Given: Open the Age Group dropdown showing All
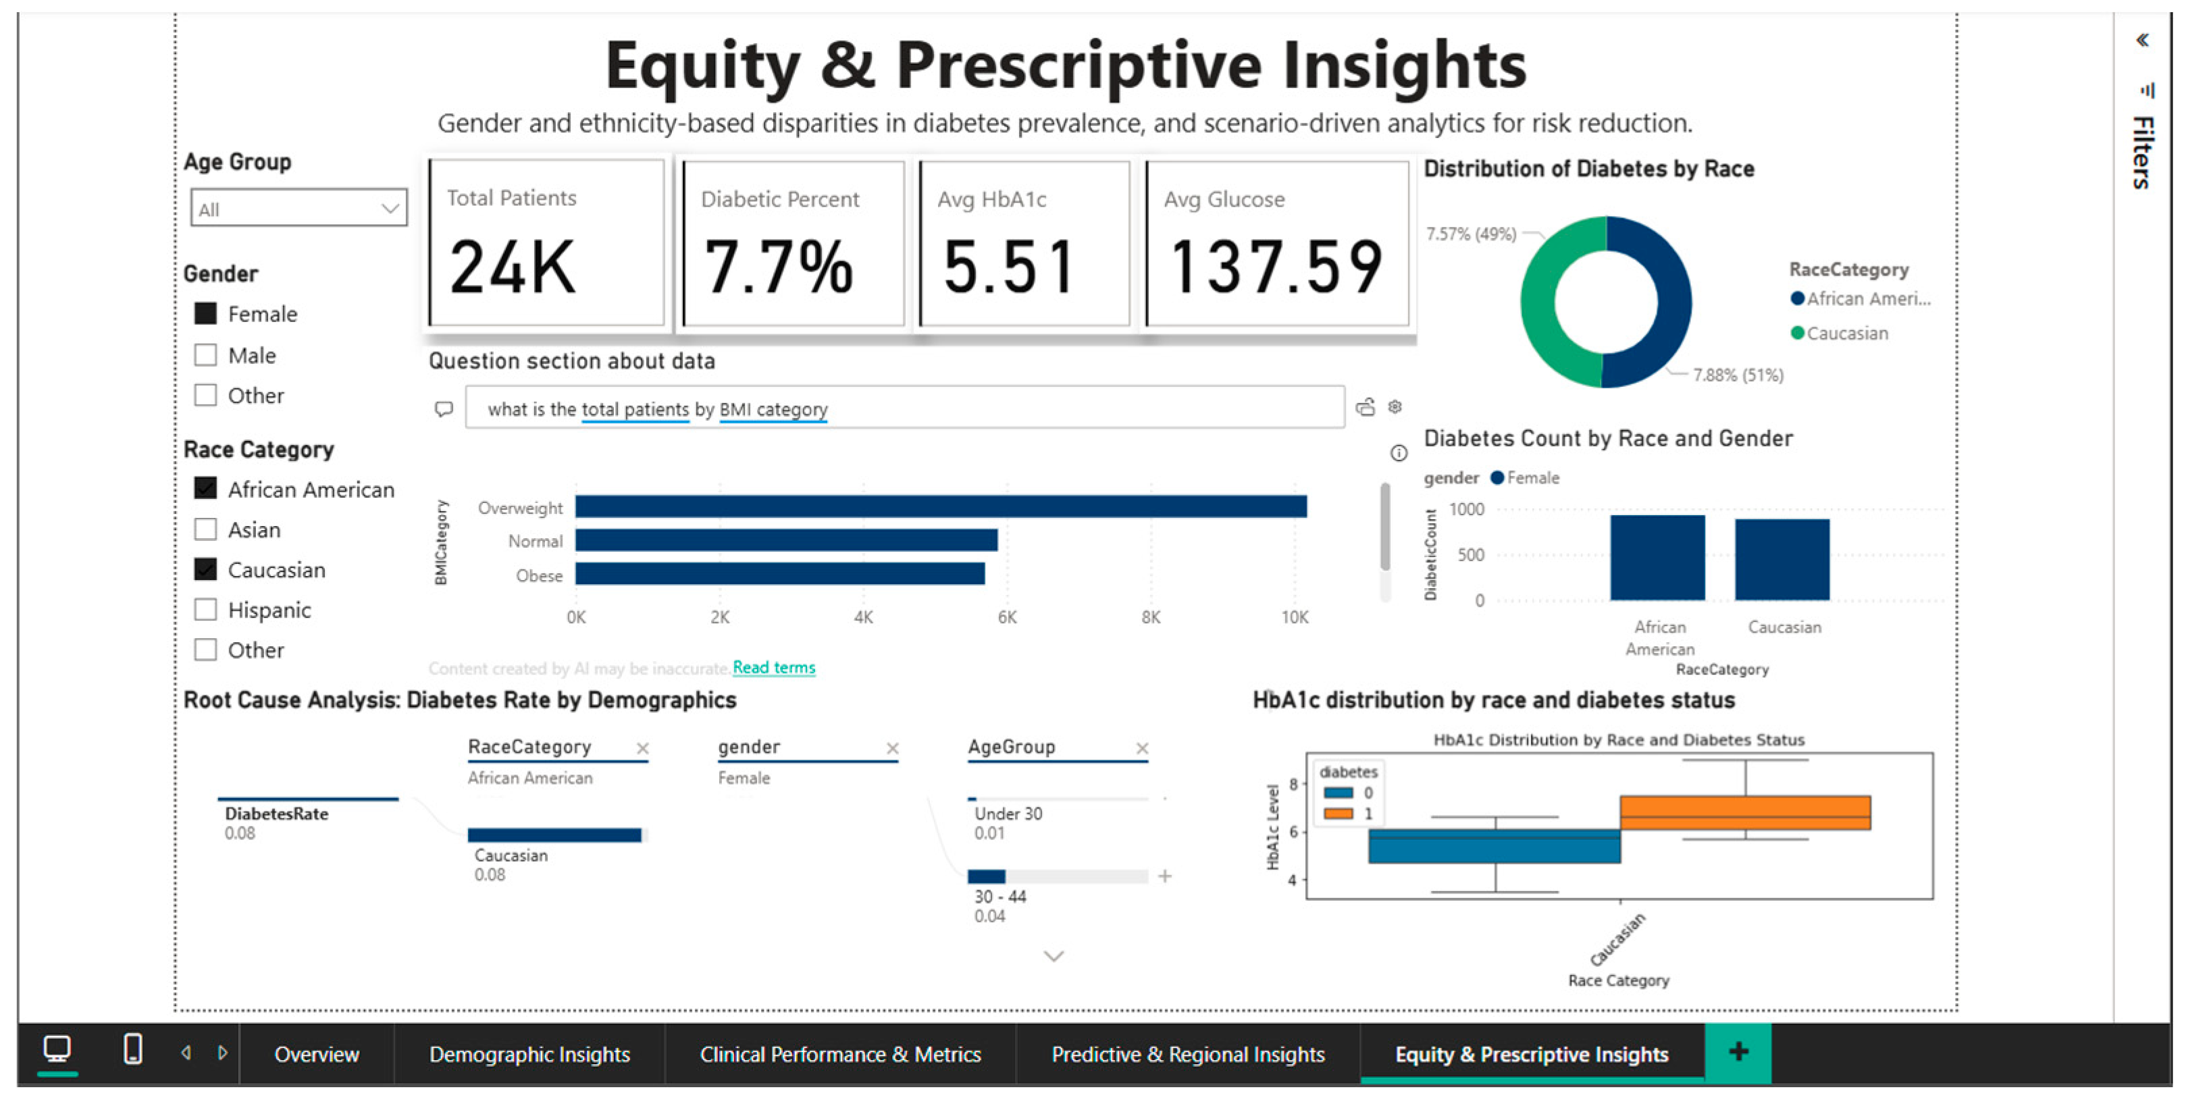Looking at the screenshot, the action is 298,208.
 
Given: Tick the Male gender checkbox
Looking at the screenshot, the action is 205,354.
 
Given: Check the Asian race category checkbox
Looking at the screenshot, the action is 205,529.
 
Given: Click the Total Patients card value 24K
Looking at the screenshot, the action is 512,267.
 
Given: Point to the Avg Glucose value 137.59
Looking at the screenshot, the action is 1276,267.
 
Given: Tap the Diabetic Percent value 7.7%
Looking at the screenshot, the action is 778,267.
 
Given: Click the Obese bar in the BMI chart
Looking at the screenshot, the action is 780,575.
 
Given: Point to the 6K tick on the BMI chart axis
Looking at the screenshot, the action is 1008,618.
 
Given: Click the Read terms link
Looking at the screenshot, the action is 774,668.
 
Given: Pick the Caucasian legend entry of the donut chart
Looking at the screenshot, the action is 1840,334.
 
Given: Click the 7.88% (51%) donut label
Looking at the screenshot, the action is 1738,375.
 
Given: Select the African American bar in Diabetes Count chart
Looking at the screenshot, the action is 1657,558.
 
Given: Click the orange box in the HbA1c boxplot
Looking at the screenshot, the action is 1745,812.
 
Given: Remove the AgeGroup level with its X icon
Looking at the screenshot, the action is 1142,748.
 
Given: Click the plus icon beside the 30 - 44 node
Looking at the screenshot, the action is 1165,876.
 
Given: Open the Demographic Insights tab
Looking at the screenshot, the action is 529,1054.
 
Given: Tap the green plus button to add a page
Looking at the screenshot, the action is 1738,1052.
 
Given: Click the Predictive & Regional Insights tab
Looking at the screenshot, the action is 1188,1054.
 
